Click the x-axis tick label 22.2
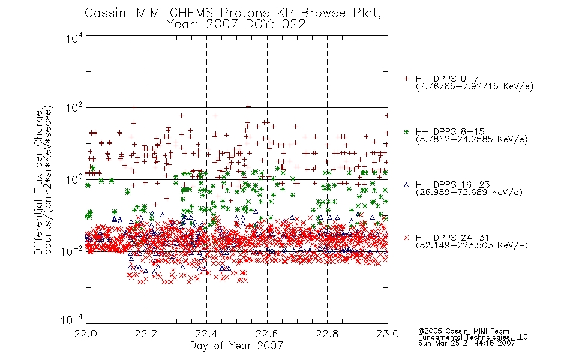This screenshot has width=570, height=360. coord(146,334)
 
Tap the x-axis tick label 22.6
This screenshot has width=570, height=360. coord(267,334)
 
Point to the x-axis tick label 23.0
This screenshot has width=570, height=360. coord(388,334)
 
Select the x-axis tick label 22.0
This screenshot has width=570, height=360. coord(86,334)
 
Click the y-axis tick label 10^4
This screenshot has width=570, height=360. coord(74,38)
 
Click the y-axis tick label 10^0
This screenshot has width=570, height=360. coord(74,179)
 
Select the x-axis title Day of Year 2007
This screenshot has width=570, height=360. coord(236,346)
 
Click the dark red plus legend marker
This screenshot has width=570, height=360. coord(406,79)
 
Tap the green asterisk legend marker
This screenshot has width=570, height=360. coord(406,131)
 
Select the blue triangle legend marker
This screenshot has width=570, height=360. coord(406,185)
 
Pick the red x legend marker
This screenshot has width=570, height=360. coord(406,238)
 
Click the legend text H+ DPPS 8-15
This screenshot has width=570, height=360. coord(450,131)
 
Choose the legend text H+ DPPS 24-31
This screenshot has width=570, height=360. coord(452,238)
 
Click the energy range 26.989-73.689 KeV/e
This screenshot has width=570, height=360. coord(469,192)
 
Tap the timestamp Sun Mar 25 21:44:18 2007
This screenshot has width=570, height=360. coord(466,343)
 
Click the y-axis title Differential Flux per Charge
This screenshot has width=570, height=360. coord(38,182)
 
